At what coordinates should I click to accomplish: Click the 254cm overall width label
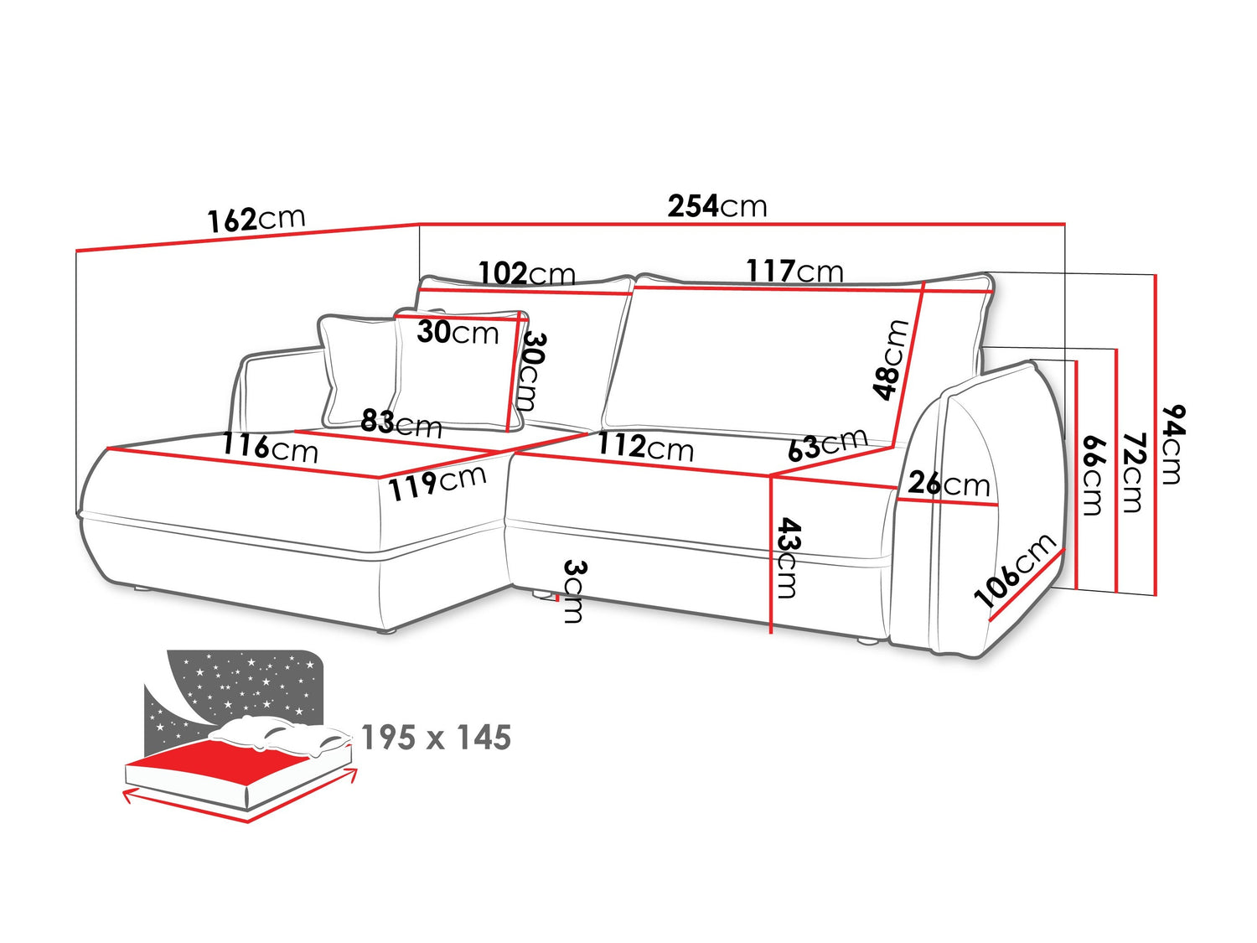716,206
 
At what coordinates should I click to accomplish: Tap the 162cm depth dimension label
256,220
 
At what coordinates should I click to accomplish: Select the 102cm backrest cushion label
526,274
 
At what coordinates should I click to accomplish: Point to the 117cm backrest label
794,271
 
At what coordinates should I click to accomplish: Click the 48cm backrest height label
891,359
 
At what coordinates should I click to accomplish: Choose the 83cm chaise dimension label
401,424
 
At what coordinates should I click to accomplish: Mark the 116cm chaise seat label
270,448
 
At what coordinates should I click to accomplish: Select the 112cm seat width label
645,447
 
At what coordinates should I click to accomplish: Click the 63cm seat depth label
828,444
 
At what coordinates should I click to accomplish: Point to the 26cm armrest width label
949,484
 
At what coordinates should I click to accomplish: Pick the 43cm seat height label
787,558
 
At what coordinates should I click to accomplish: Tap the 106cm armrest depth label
1015,570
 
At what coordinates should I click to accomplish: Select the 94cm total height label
1173,444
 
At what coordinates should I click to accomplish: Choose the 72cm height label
1132,473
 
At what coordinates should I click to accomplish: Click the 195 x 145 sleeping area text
437,738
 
